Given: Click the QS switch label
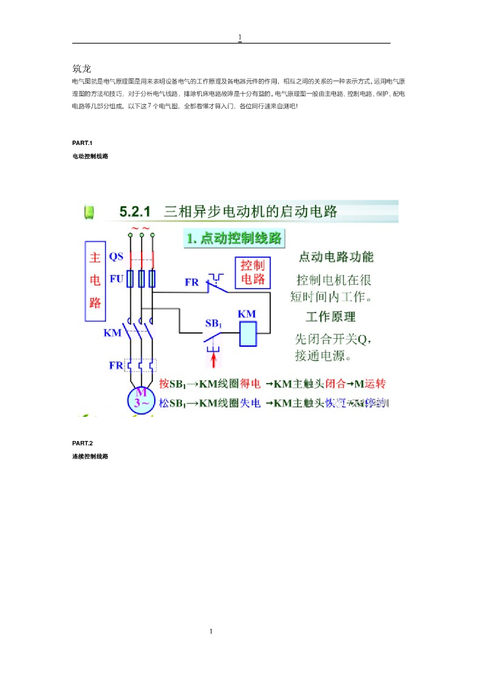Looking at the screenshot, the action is point(116,256).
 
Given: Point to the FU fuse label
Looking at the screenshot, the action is point(116,279).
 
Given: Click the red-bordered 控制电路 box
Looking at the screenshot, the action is point(253,272).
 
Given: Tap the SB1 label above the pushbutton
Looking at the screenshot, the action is point(213,324).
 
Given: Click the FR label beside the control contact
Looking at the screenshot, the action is point(192,282).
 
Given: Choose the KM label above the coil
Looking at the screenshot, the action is point(247,314).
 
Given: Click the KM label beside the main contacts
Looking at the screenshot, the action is point(113,333).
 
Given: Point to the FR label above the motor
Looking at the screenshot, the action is point(116,365).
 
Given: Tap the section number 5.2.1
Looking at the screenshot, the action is point(134,212).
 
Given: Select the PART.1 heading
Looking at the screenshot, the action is point(82,143).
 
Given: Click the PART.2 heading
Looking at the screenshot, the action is point(82,443).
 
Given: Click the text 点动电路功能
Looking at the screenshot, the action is point(336,256).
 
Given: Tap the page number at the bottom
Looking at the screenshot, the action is point(211,632).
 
